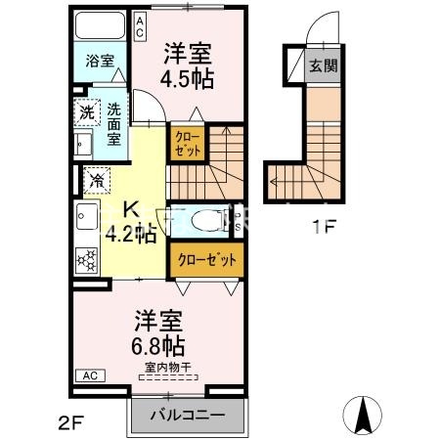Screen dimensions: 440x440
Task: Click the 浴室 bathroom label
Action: coord(99,61)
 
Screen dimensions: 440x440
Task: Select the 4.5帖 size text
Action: coord(189,79)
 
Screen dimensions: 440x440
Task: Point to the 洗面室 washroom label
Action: coord(114,124)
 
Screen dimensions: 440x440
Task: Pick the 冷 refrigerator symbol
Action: coord(98,179)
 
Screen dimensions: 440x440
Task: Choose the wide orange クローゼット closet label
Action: coord(206,260)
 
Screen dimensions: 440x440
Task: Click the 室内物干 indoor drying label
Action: coord(167,368)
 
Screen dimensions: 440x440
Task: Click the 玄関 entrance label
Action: coord(323,66)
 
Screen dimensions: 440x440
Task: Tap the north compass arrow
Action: coord(366,416)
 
